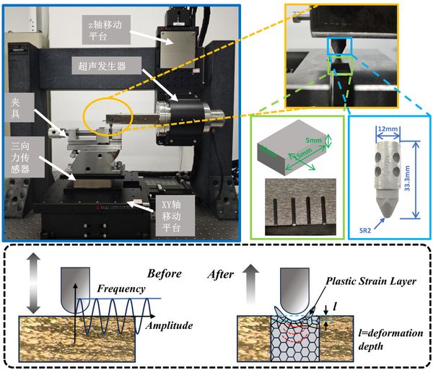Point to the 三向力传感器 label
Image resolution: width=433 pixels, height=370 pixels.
click(20, 154)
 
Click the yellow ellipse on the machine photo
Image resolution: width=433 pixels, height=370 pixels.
click(108, 118)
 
